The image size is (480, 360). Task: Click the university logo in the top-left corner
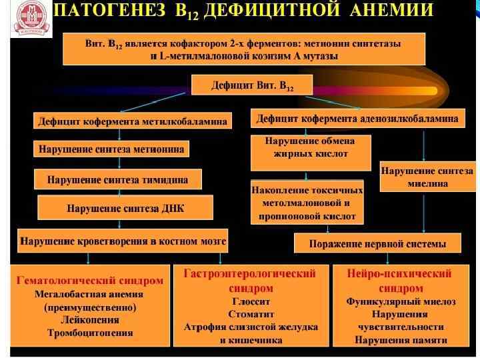click(31, 19)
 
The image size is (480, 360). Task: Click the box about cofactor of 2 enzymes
click(243, 49)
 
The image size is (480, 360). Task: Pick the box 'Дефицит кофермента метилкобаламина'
click(133, 121)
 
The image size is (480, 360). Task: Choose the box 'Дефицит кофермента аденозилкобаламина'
click(357, 119)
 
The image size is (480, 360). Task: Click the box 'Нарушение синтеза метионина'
click(111, 149)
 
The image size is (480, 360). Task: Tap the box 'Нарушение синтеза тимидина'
click(117, 179)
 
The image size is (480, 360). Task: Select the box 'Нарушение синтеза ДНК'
click(125, 208)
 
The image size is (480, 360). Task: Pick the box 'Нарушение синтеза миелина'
click(427, 177)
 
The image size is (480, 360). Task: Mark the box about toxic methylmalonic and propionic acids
click(307, 202)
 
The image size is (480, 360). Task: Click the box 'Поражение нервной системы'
click(377, 243)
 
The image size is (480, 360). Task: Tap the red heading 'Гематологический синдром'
click(90, 281)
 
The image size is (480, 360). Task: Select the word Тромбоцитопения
click(90, 332)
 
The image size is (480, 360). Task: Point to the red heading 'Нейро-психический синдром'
click(400, 281)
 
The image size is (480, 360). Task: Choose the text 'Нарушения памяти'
click(400, 340)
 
